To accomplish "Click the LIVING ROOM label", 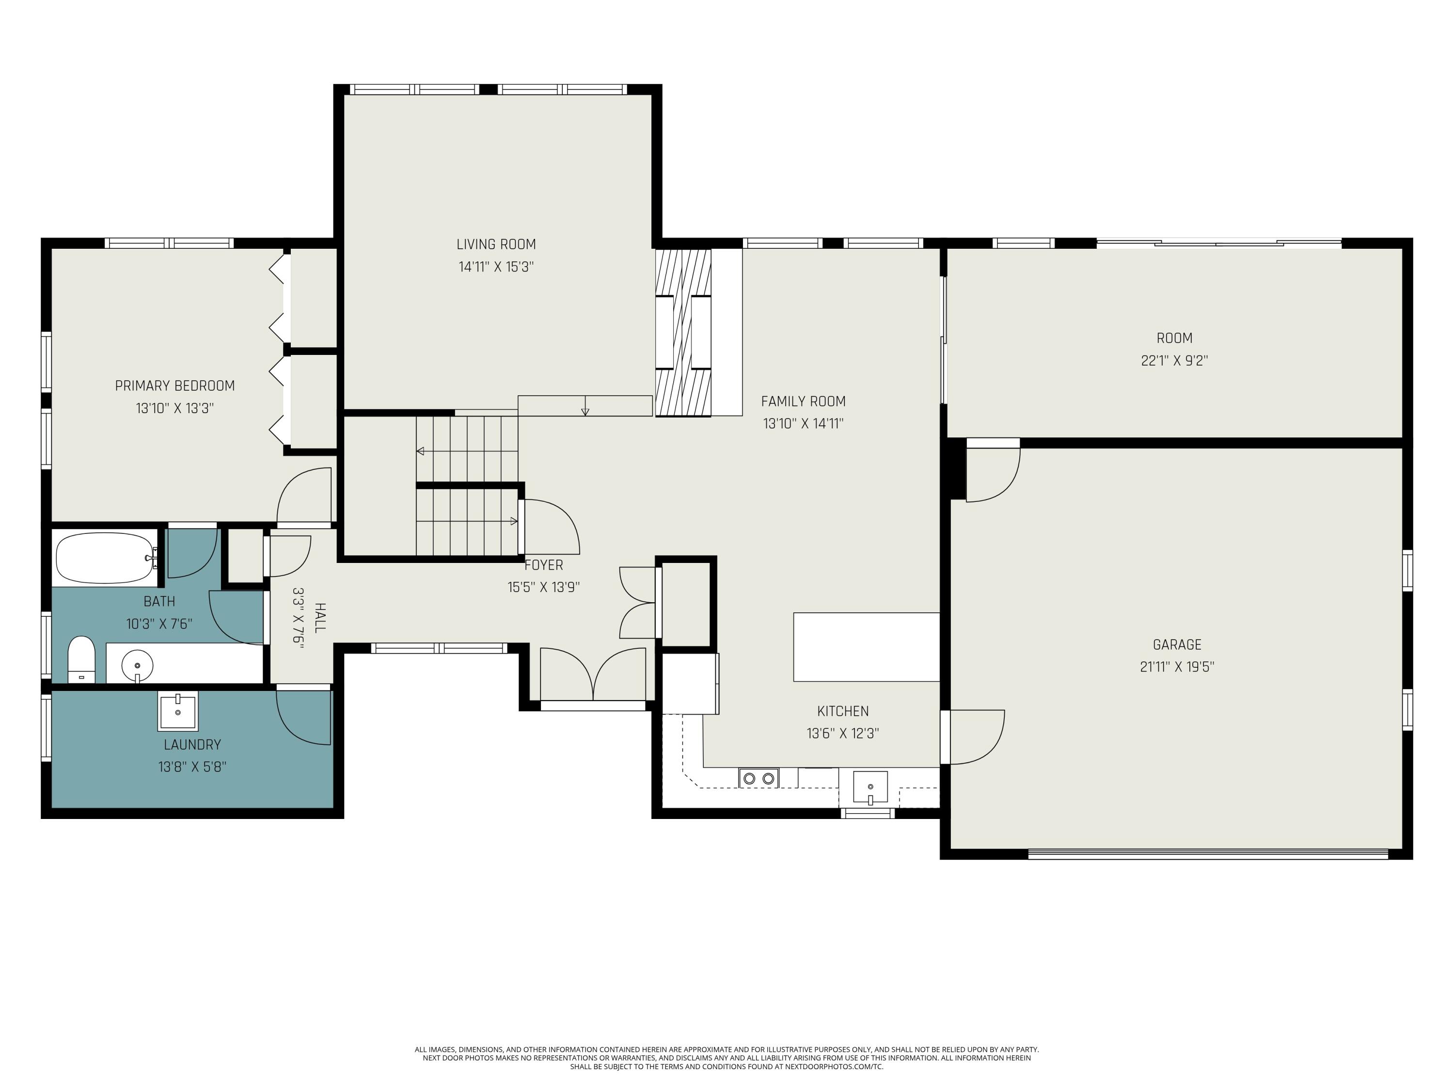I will coord(496,245).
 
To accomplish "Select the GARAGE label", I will coord(1177,644).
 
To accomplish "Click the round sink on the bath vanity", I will coord(137,666).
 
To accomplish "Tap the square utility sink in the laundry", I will coord(177,711).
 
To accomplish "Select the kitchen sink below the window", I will coord(870,787).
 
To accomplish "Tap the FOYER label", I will coord(544,565).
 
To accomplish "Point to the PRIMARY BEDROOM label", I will coord(175,386).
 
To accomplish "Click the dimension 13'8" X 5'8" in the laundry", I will coord(192,767).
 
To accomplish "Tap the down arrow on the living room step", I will coord(585,410).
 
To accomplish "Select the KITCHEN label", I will coord(843,711).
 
